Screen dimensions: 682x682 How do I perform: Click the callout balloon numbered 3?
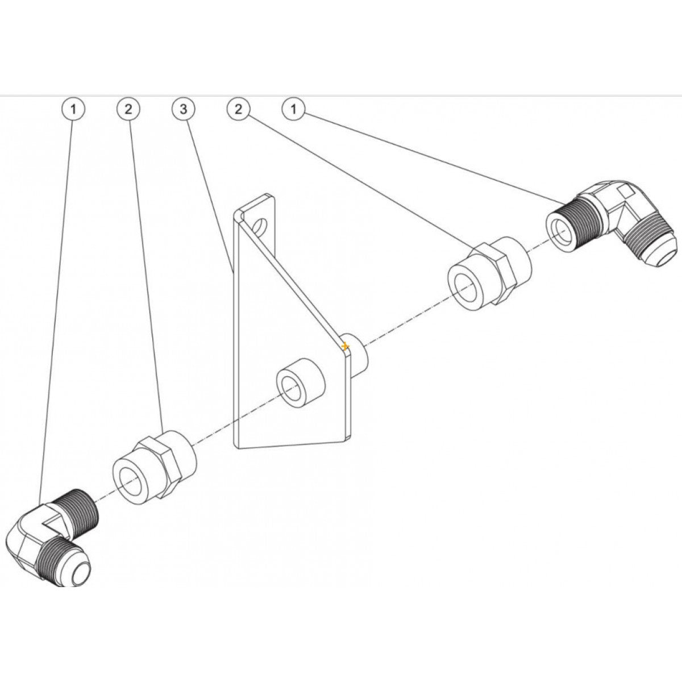183,110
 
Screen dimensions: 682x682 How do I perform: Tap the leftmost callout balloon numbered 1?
73,110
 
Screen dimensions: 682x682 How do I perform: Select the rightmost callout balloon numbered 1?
294,110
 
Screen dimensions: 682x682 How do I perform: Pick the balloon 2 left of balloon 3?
128,110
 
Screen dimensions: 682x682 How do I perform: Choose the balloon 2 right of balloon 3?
239,110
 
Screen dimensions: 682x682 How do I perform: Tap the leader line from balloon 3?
210,193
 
